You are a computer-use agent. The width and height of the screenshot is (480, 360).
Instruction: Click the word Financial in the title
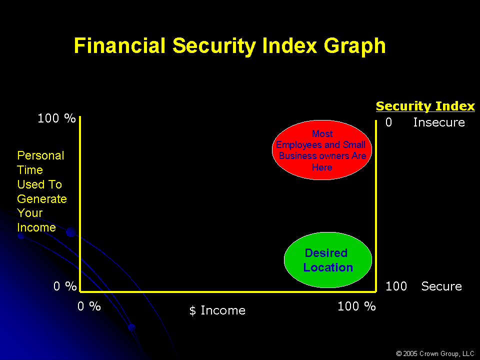119,45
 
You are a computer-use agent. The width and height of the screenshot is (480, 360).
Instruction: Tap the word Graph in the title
354,47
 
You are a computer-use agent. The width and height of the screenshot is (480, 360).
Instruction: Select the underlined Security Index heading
425,106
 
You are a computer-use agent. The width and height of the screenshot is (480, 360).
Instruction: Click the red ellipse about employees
321,149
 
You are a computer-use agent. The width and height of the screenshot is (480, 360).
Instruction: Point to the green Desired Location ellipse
328,260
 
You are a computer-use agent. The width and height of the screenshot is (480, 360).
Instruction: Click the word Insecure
439,122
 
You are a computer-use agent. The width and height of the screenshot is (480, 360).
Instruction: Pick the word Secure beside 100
441,286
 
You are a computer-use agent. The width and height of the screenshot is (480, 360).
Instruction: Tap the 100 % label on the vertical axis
56,118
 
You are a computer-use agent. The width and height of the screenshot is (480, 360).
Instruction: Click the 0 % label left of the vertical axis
65,286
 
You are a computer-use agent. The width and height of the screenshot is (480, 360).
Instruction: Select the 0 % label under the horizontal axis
89,306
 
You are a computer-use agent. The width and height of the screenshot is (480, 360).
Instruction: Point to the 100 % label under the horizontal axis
356,306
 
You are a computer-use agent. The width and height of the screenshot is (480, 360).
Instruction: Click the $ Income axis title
217,310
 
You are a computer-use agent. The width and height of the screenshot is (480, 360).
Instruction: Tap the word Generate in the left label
42,199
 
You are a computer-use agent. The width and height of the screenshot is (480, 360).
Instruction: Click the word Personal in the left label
40,155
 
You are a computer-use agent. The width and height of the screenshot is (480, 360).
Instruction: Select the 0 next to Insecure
388,122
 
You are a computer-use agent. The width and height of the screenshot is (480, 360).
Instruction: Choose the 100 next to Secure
396,286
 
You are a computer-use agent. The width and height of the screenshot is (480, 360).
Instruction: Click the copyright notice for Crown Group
435,353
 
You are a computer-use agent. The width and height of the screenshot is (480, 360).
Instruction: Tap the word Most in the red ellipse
322,134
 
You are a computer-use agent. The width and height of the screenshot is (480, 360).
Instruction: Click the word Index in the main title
289,45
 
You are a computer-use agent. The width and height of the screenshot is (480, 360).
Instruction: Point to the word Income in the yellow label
36,227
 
